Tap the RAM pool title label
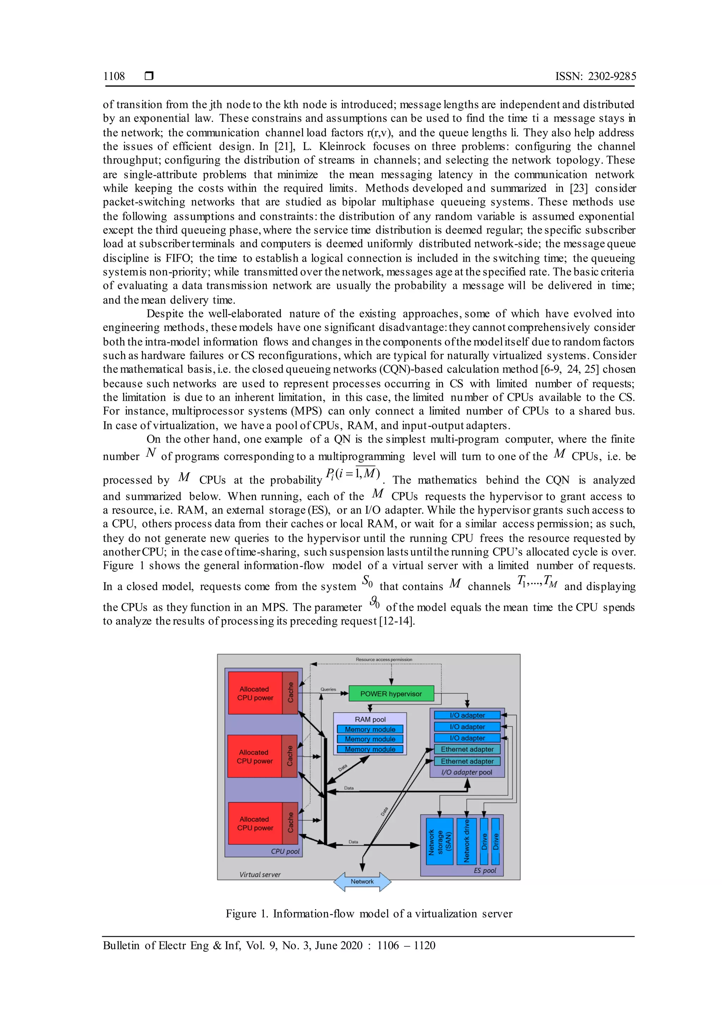click(x=370, y=719)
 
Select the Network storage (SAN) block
click(x=439, y=841)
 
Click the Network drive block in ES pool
click(x=466, y=841)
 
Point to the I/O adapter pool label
click(x=466, y=772)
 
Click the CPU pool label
click(x=285, y=851)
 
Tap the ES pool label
click(x=485, y=870)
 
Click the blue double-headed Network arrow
click(x=362, y=882)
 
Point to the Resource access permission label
click(x=384, y=659)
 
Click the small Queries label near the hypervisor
click(x=328, y=689)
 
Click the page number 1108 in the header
click(x=114, y=76)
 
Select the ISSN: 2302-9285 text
click(x=595, y=76)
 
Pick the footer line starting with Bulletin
click(x=269, y=945)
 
